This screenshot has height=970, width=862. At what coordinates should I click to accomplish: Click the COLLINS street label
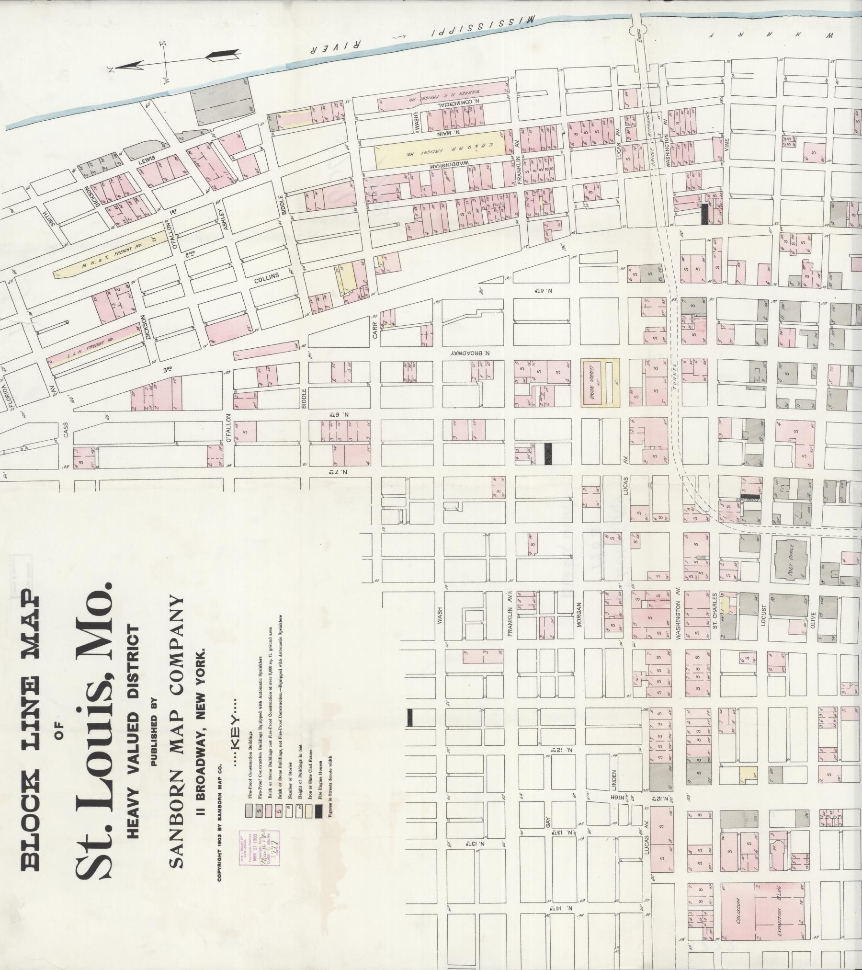coord(263,279)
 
